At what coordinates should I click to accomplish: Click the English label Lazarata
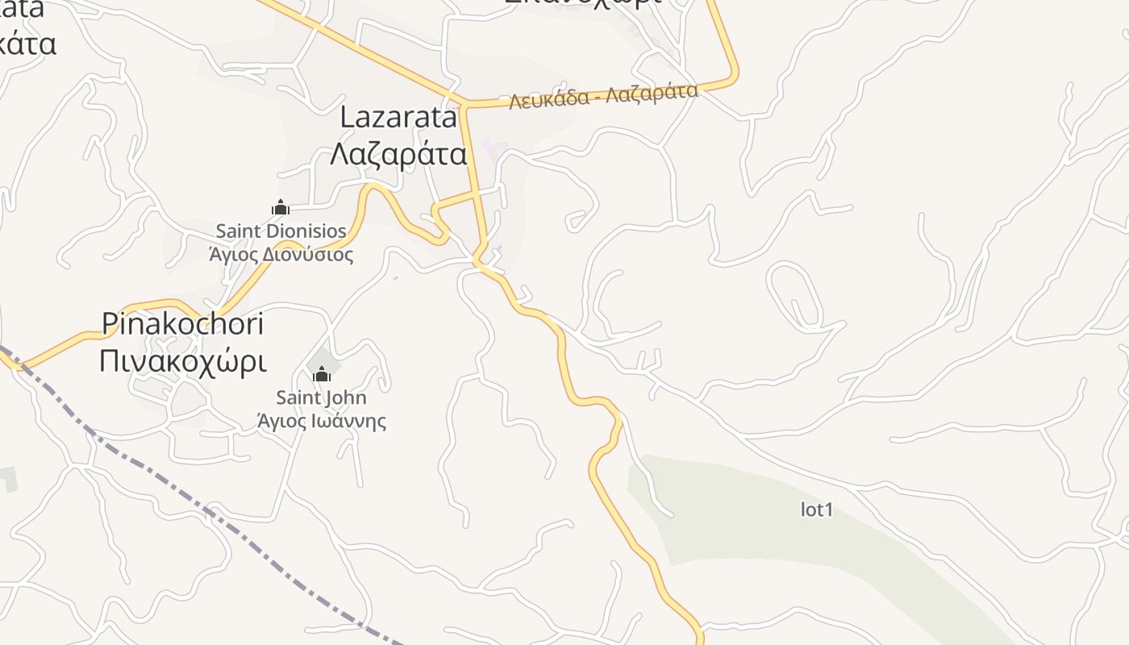tap(398, 118)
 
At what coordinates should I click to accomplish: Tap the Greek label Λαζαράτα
tap(398, 153)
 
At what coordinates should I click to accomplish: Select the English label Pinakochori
tap(183, 324)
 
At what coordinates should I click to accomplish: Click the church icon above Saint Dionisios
tap(281, 208)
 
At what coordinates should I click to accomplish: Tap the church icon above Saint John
tap(322, 374)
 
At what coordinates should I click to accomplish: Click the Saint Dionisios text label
tap(281, 231)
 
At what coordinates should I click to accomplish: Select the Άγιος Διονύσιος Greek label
tap(281, 255)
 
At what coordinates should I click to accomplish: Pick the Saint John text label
tap(321, 397)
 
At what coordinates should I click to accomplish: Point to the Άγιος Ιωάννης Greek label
tap(321, 421)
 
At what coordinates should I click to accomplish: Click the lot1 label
tap(816, 510)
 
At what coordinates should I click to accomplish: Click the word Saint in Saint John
tap(298, 397)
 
